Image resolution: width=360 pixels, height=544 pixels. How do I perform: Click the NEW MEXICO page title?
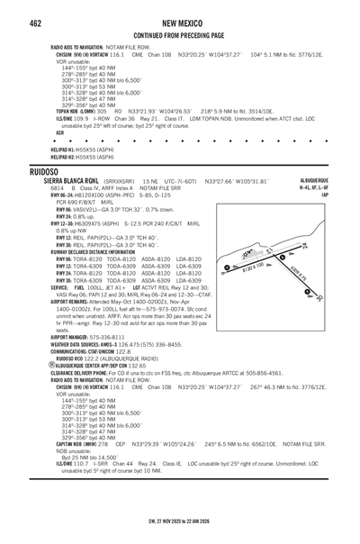click(x=179, y=22)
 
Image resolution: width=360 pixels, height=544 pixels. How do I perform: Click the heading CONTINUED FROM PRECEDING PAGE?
click(x=179, y=35)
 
